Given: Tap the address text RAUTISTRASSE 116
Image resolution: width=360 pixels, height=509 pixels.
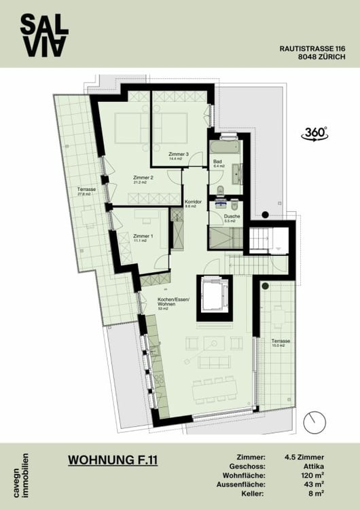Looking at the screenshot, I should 312,48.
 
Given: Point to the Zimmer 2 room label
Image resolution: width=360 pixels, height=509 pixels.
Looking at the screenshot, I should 143,179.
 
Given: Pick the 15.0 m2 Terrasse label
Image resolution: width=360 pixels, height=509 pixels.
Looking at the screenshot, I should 281,343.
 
